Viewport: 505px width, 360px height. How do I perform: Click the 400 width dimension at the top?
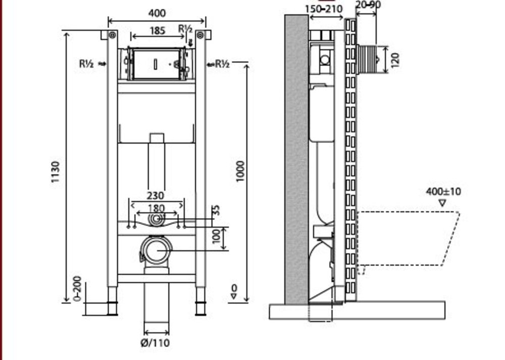[158, 13]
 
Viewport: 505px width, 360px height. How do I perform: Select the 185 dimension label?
[158, 30]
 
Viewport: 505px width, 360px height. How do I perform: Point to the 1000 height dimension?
[240, 172]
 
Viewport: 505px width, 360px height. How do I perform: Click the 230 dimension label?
[156, 195]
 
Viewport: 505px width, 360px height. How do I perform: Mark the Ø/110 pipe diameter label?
[156, 343]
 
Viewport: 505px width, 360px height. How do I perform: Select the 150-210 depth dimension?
[324, 9]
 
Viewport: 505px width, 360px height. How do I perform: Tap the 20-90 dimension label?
[368, 5]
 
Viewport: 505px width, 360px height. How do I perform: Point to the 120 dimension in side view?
[395, 59]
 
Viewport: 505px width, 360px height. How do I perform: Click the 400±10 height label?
[443, 192]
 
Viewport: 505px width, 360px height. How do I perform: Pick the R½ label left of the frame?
[87, 64]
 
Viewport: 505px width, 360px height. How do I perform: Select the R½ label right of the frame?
[222, 64]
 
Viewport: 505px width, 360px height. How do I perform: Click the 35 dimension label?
[217, 210]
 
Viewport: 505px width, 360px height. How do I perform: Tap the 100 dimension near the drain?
[217, 236]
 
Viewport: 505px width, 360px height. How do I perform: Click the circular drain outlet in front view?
[157, 249]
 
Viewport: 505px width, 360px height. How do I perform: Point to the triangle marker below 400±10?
[442, 203]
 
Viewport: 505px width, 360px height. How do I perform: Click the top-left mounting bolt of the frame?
[113, 35]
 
